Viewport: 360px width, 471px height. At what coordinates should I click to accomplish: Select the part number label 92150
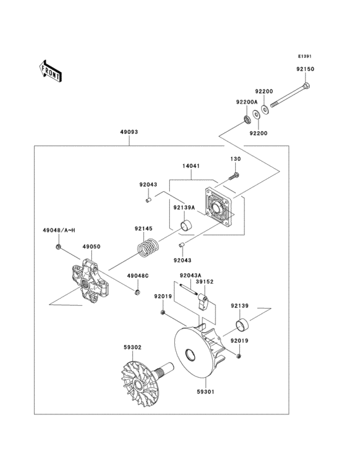305,68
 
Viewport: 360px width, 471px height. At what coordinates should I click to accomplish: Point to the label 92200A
246,102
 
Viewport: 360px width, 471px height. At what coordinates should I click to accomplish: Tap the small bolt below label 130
234,172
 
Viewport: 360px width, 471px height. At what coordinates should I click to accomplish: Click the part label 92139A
183,208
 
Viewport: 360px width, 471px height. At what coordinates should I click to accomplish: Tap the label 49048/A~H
59,230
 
